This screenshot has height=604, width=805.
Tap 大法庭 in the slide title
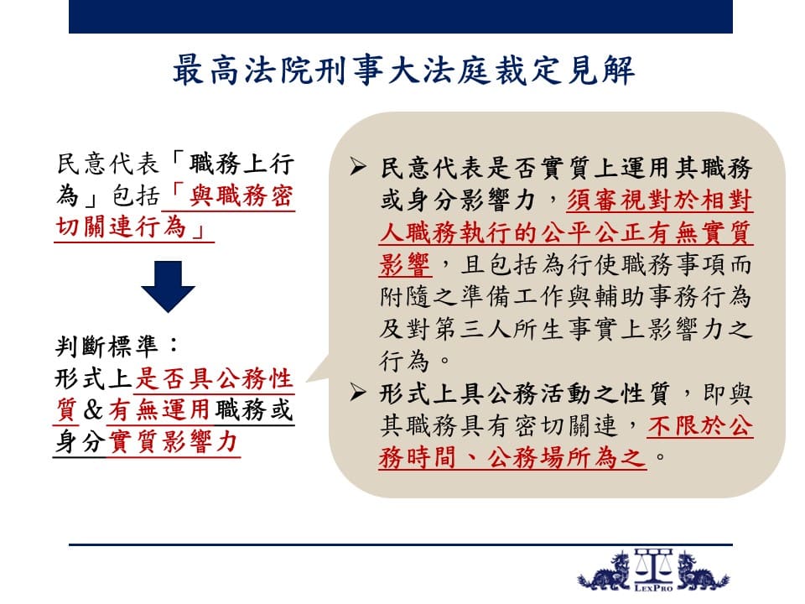(x=438, y=70)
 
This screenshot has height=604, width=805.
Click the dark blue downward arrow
(x=168, y=286)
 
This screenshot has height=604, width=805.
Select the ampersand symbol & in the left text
(x=93, y=409)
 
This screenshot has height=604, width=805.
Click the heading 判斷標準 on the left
(x=106, y=346)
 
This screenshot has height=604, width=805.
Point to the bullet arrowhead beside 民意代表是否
(x=358, y=167)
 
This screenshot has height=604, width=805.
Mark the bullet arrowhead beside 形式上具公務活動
(x=358, y=393)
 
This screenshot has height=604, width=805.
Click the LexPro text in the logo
(x=653, y=588)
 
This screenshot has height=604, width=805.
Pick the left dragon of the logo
(x=605, y=571)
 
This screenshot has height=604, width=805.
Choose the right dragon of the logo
(x=701, y=571)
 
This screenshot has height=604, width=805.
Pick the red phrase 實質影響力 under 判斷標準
(x=173, y=442)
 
